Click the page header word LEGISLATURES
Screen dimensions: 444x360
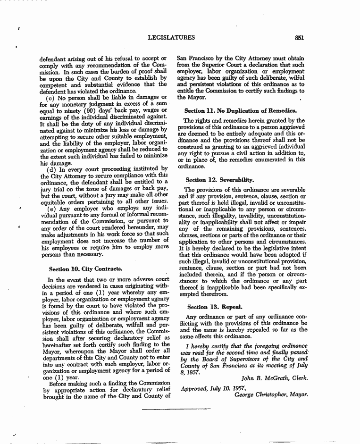(x=171, y=38)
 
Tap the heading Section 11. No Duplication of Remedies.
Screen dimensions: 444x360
(x=243, y=110)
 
